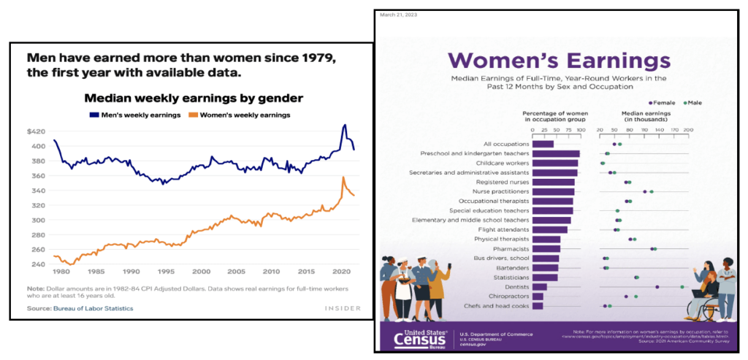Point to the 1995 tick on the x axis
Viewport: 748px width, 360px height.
pos(165,270)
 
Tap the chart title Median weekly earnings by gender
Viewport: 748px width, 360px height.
pos(194,98)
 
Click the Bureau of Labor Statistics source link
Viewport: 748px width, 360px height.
pos(93,309)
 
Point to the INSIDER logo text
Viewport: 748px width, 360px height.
pos(343,309)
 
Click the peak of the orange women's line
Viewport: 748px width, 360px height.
pos(343,177)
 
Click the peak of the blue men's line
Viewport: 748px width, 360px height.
pos(345,125)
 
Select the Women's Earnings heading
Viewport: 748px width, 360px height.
pos(559,60)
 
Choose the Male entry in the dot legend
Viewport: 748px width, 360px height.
pos(691,103)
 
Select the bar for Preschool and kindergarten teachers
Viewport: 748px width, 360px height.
pos(556,153)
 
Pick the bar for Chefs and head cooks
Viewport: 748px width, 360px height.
pos(538,305)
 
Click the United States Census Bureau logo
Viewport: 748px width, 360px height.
pos(419,337)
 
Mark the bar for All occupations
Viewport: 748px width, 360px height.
pos(543,144)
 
